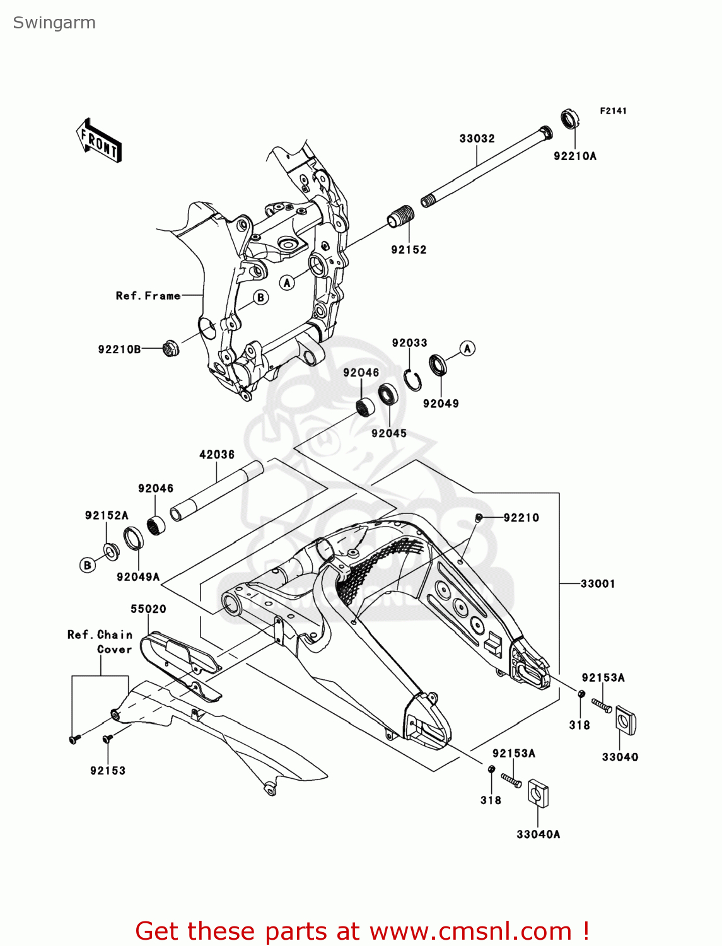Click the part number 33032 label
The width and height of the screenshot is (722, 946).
477,139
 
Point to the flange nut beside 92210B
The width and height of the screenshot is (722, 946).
170,348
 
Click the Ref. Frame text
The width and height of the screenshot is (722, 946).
148,296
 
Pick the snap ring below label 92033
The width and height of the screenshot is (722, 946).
413,380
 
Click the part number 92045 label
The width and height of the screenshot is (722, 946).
388,433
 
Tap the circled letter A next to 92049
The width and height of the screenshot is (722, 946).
467,348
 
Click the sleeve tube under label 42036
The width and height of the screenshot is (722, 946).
216,491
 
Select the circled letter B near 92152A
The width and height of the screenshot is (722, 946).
88,565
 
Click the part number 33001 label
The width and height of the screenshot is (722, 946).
597,584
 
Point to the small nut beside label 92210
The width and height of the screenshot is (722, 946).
479,518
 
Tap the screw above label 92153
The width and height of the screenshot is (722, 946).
107,737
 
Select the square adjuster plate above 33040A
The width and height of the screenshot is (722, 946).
538,793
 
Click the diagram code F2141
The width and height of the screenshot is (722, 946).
613,111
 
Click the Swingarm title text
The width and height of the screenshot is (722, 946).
54,23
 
